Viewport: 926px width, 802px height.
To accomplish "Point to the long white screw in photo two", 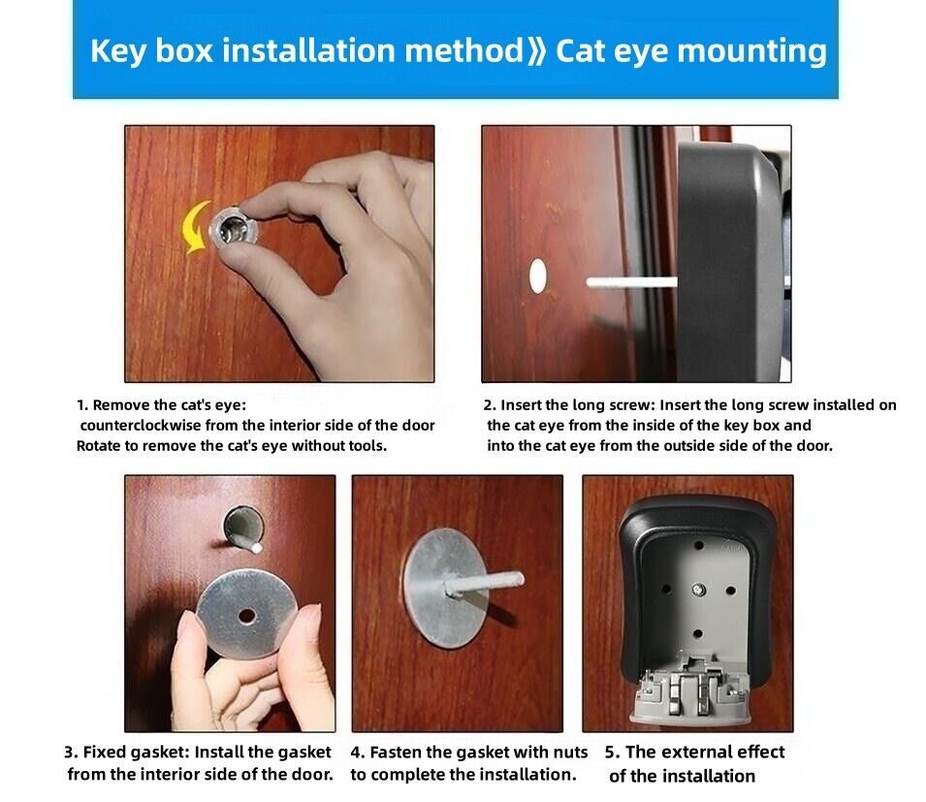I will coord(631,282).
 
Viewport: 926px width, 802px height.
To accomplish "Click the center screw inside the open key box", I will coord(698,589).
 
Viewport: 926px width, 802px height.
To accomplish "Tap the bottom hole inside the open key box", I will coord(697,633).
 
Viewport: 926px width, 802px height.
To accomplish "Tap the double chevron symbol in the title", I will coord(538,51).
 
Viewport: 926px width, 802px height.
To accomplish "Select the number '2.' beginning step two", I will coord(490,405).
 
